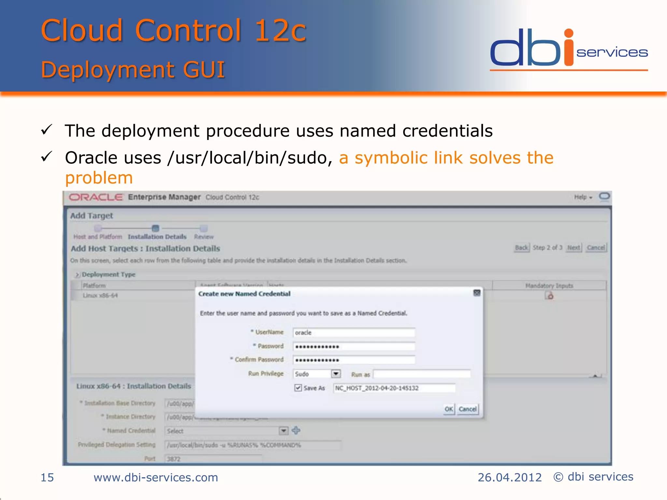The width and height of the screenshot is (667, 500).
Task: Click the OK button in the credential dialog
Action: (449, 409)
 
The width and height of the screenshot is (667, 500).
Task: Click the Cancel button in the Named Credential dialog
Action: (468, 409)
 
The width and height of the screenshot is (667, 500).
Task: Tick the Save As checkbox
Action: (298, 388)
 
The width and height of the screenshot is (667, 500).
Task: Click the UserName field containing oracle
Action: (354, 333)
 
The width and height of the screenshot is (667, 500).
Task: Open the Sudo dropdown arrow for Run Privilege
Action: (336, 374)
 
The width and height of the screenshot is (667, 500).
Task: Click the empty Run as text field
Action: (421, 374)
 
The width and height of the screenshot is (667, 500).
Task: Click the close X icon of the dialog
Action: (477, 293)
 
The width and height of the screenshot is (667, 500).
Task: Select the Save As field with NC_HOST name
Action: (394, 388)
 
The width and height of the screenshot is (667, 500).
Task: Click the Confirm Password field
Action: (354, 360)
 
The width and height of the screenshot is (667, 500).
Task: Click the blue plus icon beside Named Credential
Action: (296, 430)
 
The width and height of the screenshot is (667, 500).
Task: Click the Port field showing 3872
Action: (213, 459)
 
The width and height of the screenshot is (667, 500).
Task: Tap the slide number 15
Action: (47, 478)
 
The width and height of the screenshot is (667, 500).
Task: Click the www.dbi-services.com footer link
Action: (156, 478)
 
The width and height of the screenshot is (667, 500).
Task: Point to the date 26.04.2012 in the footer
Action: (509, 478)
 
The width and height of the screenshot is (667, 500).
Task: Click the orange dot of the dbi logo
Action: (569, 33)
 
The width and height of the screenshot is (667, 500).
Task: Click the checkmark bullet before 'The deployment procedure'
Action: (47, 130)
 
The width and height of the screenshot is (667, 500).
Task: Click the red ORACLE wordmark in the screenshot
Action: (96, 197)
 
